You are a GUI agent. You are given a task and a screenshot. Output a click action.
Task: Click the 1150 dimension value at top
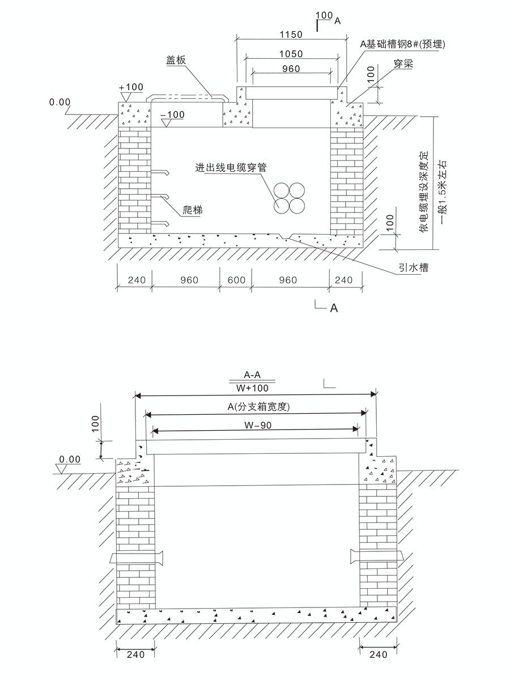tap(291, 34)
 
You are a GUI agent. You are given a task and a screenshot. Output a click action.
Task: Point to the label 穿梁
tap(403, 65)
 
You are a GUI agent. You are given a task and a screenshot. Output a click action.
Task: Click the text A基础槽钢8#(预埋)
tap(399, 44)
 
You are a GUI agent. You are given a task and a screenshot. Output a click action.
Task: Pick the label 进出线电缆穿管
tap(231, 168)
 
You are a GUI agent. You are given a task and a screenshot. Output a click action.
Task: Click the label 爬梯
tap(194, 210)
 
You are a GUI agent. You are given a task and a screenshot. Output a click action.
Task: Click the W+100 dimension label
tap(253, 389)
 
